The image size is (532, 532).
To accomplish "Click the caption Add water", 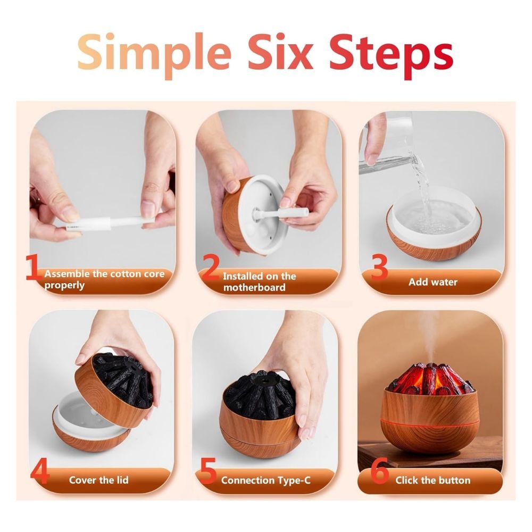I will pyautogui.click(x=433, y=282).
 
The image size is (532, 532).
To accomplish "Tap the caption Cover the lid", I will pyautogui.click(x=98, y=480).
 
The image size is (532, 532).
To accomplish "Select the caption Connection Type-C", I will pyautogui.click(x=265, y=480).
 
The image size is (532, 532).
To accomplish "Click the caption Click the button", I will pyautogui.click(x=433, y=480).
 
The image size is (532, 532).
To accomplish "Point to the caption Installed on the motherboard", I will pyautogui.click(x=259, y=282).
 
